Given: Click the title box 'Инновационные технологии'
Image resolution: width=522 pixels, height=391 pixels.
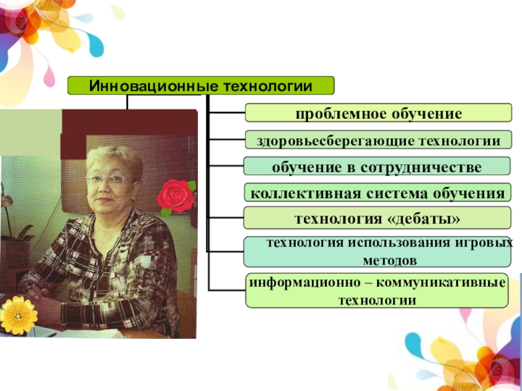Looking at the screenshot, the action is point(201,85).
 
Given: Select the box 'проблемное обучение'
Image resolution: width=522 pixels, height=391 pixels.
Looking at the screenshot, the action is point(378,113).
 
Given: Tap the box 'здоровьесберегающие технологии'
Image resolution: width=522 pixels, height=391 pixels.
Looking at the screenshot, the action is point(378,140).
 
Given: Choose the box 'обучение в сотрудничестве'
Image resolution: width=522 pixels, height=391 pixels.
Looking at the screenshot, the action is point(377,167).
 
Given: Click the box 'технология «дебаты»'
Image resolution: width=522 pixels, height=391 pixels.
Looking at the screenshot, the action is point(377,218).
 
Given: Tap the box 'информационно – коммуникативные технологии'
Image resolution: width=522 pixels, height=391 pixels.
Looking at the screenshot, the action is point(377,291).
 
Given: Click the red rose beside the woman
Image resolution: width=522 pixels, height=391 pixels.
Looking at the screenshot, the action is point(176,195).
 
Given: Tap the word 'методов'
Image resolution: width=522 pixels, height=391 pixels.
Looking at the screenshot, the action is point(390,260).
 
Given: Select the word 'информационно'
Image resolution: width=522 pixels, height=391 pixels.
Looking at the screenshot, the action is point(296,283).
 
